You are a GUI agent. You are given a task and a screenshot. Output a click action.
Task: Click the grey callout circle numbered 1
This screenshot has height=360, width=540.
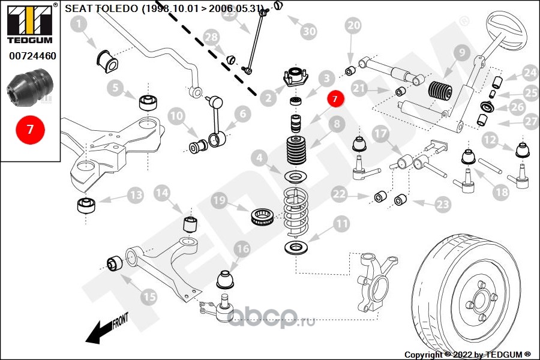(79, 25)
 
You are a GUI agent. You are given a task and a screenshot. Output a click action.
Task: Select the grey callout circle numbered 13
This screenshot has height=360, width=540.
(135, 196)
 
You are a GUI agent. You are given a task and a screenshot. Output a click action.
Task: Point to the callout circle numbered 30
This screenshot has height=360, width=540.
(309, 30)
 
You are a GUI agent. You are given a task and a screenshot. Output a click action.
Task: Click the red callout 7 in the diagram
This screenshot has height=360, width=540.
(335, 99)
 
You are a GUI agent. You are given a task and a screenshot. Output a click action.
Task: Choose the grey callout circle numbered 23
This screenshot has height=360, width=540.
(442, 205)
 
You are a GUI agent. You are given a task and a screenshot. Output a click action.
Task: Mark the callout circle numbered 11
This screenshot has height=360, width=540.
(341, 225)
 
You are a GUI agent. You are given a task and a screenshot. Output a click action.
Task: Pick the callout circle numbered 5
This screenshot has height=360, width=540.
(115, 88)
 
